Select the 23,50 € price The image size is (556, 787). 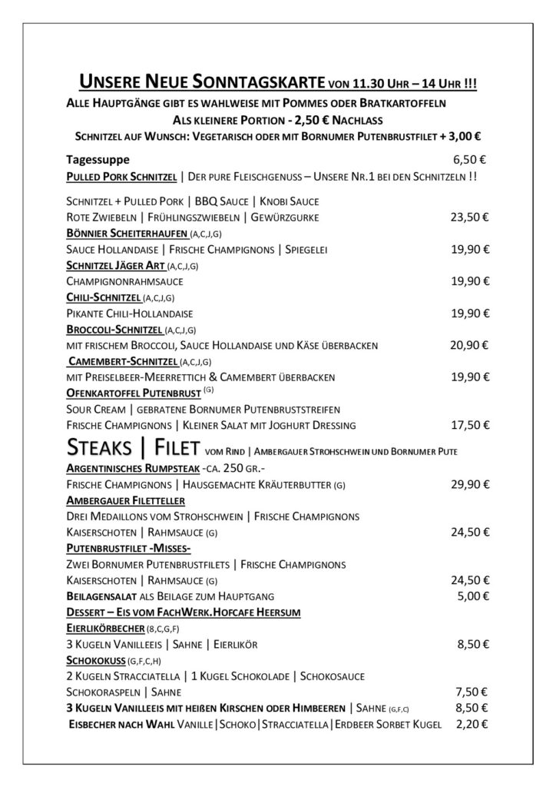coord(470,218)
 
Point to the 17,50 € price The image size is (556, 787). coord(470,424)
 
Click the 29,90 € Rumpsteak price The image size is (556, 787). coord(470,484)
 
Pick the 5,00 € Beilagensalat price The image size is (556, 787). coord(472,596)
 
